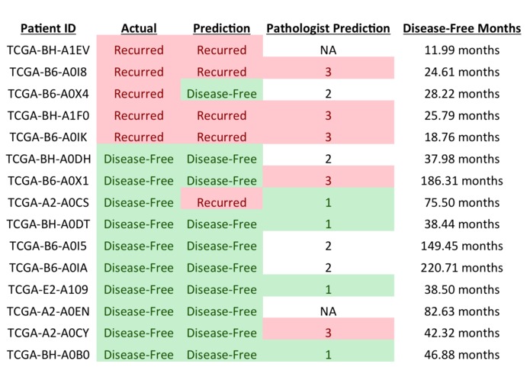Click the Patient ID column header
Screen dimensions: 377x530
(x=48, y=28)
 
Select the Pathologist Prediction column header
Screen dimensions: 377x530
(x=328, y=28)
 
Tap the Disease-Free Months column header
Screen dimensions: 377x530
(x=461, y=28)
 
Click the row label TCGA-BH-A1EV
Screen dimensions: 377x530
(x=48, y=50)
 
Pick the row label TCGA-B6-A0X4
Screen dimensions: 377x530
(x=48, y=94)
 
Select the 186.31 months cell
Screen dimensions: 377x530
(x=461, y=181)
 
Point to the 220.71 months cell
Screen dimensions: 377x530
(x=461, y=268)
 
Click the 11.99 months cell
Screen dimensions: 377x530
(x=461, y=50)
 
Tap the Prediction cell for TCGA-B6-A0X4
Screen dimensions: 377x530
(x=221, y=94)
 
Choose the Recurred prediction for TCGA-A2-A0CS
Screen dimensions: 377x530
(x=221, y=203)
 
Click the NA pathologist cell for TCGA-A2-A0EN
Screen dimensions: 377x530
(x=328, y=311)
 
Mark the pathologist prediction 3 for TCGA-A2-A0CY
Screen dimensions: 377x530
(x=328, y=333)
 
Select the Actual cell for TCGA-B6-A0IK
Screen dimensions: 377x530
(x=139, y=137)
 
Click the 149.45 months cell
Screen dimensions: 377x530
(x=461, y=246)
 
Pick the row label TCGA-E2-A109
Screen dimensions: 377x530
(x=48, y=290)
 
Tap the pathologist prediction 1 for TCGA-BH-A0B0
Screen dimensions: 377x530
(x=328, y=355)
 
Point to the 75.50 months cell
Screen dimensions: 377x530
(x=461, y=203)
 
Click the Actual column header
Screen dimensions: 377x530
(x=139, y=28)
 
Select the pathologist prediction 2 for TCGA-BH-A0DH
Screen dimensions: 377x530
(x=328, y=159)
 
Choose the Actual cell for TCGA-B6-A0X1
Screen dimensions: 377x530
(x=139, y=181)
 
